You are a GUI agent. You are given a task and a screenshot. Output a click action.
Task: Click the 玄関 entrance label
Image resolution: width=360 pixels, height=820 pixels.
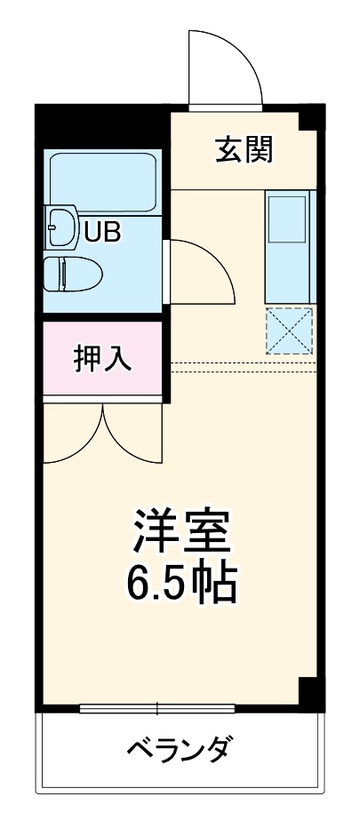click(x=243, y=148)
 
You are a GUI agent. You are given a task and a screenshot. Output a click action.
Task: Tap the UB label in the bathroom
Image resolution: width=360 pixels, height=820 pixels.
click(x=103, y=233)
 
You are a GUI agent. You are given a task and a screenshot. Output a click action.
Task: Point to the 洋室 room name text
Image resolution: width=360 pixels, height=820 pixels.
click(x=183, y=530)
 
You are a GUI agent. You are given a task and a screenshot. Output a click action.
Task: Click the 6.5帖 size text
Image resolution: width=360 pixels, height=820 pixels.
click(x=183, y=582)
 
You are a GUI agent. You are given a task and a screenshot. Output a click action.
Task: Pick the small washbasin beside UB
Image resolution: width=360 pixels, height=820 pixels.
click(x=60, y=228)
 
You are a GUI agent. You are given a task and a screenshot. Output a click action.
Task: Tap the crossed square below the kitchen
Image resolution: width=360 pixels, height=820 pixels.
click(x=290, y=330)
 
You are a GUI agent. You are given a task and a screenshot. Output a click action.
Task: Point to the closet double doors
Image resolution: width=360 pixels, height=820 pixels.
click(x=103, y=435)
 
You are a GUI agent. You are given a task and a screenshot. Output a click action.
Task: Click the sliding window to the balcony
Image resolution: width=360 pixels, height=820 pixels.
click(x=157, y=708)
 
